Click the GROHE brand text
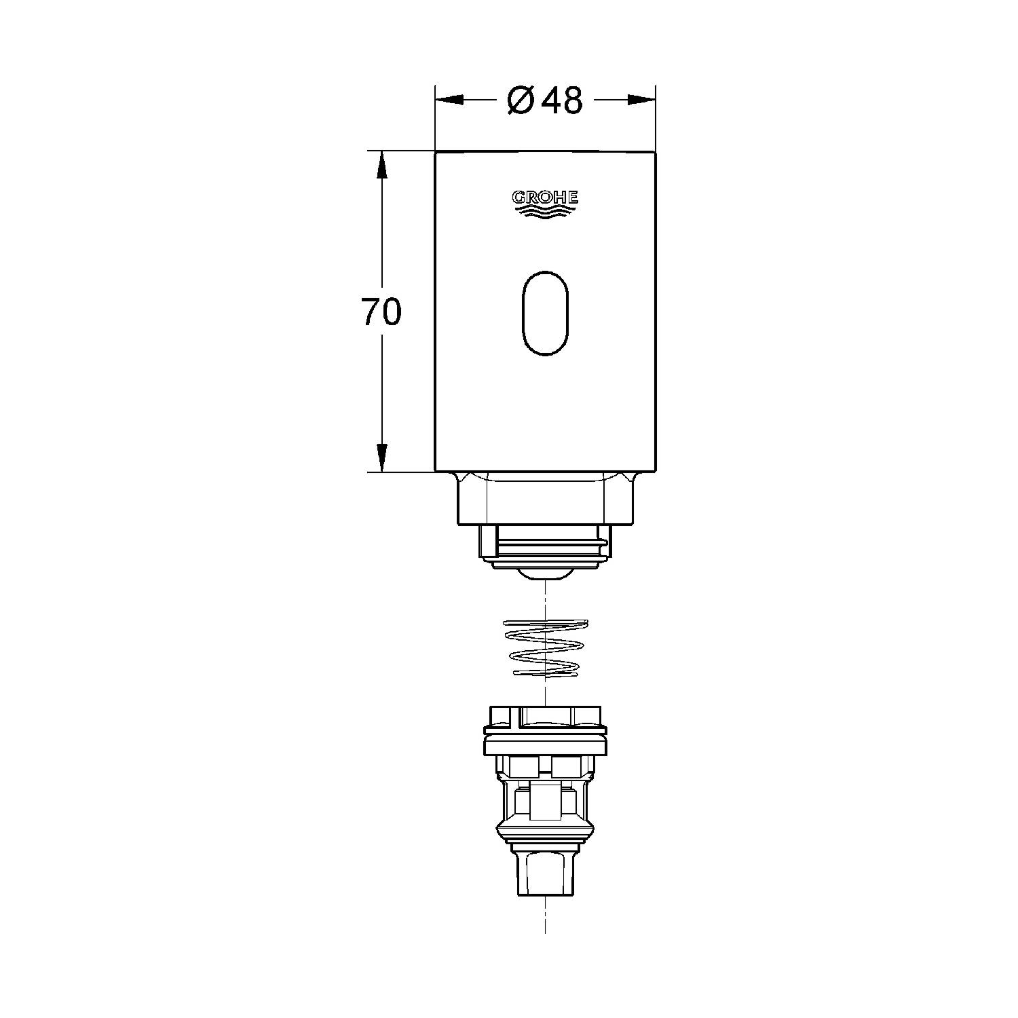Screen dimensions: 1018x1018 [x=545, y=197]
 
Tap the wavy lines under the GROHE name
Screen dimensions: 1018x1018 [x=545, y=212]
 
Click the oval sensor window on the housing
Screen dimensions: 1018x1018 [x=545, y=314]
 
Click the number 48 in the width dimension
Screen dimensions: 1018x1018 [x=563, y=101]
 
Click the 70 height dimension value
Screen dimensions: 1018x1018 [x=381, y=312]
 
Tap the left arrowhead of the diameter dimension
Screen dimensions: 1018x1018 [x=449, y=100]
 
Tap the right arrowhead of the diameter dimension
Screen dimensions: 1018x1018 [x=641, y=100]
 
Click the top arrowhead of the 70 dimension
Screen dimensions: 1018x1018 [x=382, y=164]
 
